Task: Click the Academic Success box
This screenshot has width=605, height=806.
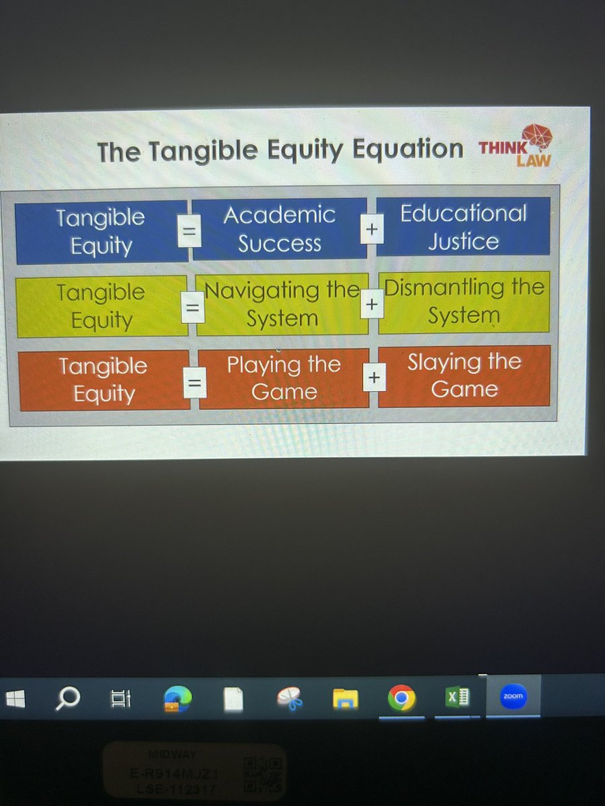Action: tap(280, 229)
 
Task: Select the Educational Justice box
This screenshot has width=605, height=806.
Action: tap(463, 227)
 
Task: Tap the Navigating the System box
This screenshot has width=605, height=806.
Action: tap(282, 304)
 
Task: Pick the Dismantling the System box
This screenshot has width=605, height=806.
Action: tap(464, 302)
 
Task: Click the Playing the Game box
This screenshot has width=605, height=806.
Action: tap(284, 378)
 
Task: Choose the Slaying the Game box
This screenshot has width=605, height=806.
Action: tap(464, 375)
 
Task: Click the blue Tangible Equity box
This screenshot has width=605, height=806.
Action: tap(101, 232)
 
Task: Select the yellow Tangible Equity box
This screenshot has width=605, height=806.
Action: tap(101, 306)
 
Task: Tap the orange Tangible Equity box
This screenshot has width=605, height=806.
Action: tap(104, 380)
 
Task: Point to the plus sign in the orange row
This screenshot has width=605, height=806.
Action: tap(373, 379)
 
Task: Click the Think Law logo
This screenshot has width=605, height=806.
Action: tap(521, 146)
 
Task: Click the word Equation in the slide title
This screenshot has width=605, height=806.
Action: tap(408, 149)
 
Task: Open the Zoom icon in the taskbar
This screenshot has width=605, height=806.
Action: tap(514, 697)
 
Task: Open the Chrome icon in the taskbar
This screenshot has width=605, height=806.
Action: tap(401, 699)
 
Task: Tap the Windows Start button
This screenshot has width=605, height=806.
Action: tap(15, 699)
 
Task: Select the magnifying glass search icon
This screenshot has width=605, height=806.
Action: tap(67, 699)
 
